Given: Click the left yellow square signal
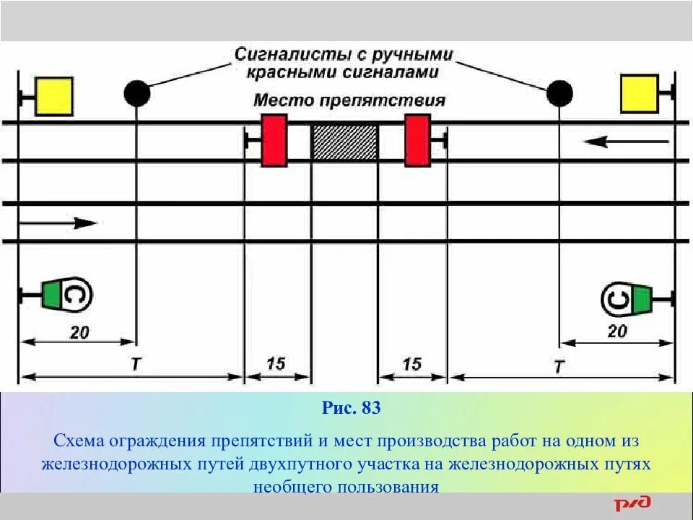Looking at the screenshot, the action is coord(54,96).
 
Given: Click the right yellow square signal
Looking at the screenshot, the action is coord(639,94).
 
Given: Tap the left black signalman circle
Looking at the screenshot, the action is coord(137,93).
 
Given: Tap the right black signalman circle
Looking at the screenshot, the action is coord(559,92).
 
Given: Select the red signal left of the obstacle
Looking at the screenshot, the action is coord(274,140).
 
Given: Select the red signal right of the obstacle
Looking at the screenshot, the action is coord(417,140).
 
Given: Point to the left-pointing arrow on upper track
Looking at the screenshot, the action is coord(606,142).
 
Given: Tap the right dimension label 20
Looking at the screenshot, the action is coord(617,331).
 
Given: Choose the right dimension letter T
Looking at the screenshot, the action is coord(558,366).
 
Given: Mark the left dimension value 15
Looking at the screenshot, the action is coord(276,363).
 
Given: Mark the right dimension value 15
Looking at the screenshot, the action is coord(411,364).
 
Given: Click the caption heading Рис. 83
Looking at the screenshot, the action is coord(351,408).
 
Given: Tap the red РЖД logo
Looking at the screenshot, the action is coord(633,503).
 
